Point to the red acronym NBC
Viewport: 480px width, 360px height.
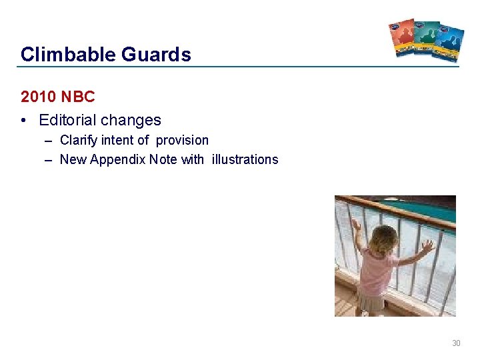[78, 97]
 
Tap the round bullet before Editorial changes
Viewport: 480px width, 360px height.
[24, 121]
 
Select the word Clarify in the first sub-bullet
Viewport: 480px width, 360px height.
[79, 140]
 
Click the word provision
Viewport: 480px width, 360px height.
[182, 140]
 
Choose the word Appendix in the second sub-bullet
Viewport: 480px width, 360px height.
[114, 159]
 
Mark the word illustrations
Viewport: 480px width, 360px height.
[245, 159]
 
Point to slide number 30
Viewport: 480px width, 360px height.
[456, 343]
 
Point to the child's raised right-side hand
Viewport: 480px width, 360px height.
[427, 245]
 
